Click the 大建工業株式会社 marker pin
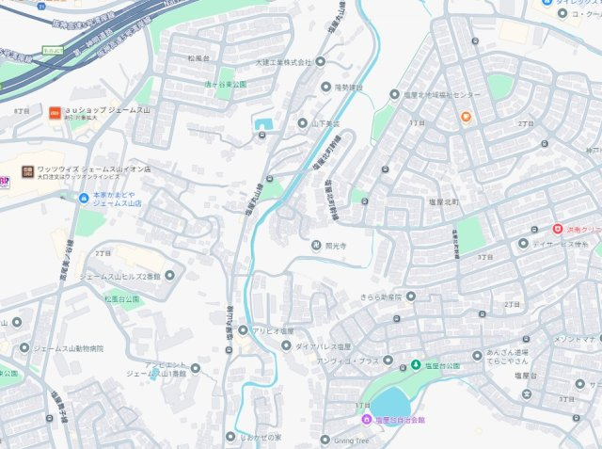(320, 62)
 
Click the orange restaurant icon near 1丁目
(466, 117)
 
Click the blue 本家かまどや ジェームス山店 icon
(84, 197)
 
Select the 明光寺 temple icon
(316, 246)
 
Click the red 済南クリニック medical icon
(557, 229)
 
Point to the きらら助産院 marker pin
(411, 296)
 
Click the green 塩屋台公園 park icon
(416, 365)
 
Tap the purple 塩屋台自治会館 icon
(368, 420)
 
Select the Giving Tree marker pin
(325, 440)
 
